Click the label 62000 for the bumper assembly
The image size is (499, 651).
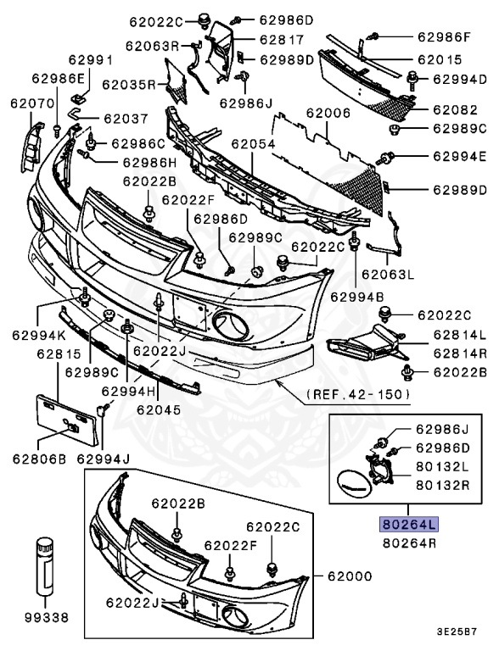[350, 576]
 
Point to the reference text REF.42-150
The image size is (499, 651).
[359, 394]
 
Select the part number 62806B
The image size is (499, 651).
[39, 459]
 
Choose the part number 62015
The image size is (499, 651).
[439, 60]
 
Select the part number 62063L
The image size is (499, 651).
[389, 274]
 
